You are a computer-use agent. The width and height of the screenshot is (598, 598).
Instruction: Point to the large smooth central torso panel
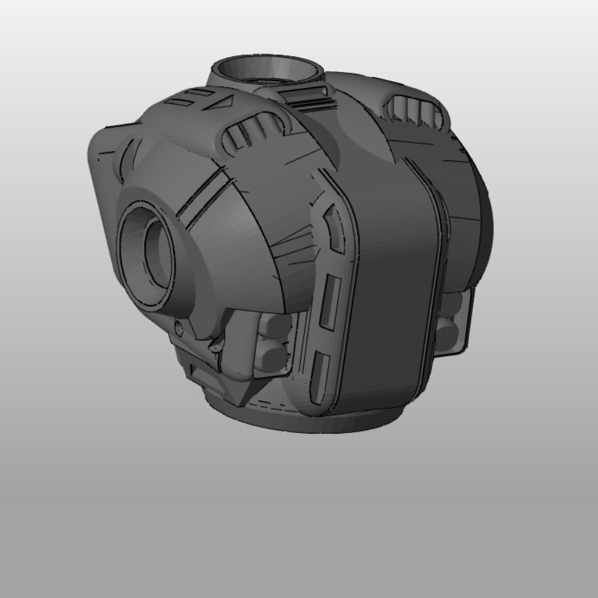(392, 286)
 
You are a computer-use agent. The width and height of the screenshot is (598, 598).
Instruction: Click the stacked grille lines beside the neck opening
(308, 98)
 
